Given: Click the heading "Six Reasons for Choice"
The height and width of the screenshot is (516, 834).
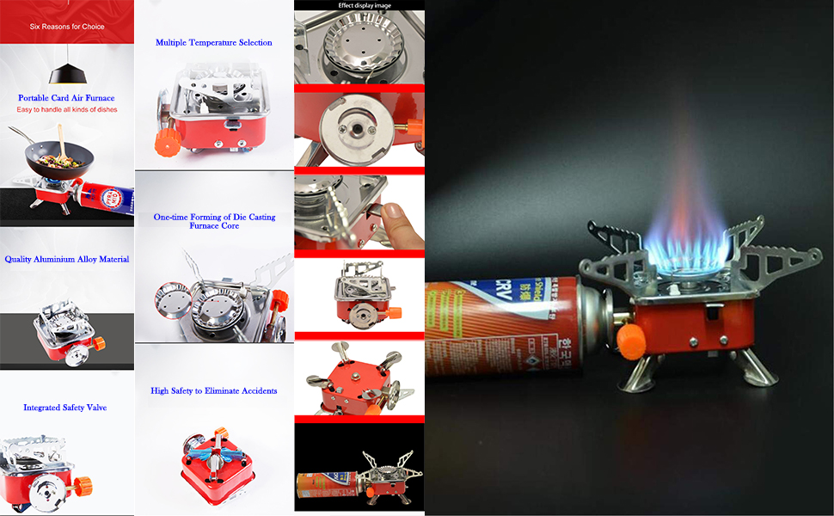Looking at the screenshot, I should pos(67,27).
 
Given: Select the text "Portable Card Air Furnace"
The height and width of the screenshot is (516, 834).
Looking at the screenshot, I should pos(66,98).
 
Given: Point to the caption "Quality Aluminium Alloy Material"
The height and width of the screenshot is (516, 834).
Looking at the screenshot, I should pos(67,259).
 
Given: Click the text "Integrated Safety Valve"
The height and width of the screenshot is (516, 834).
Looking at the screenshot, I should pos(65,408).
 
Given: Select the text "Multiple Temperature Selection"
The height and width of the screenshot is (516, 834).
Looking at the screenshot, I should pos(214,42).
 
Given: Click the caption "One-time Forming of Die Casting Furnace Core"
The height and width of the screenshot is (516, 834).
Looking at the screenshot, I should pos(214,221).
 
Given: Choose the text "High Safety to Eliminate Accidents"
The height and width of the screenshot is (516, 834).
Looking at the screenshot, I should pos(214,390).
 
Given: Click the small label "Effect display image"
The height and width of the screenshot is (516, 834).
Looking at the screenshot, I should pos(359,5).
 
